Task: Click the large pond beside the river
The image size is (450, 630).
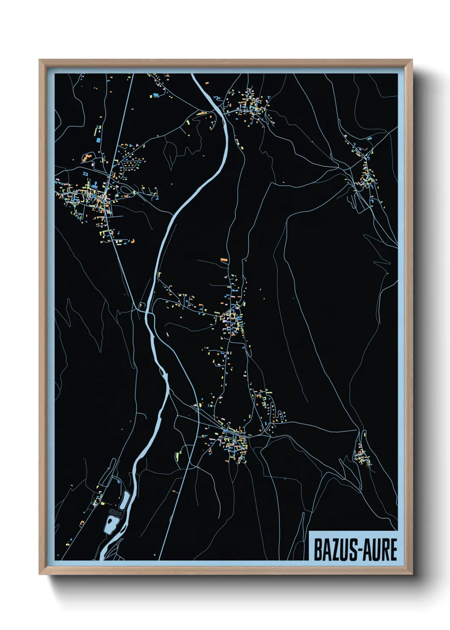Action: click(x=111, y=524)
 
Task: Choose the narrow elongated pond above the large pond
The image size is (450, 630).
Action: click(x=125, y=500)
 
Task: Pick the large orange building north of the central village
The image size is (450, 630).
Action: click(x=223, y=259)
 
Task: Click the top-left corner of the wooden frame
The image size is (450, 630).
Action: click(x=40, y=60)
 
